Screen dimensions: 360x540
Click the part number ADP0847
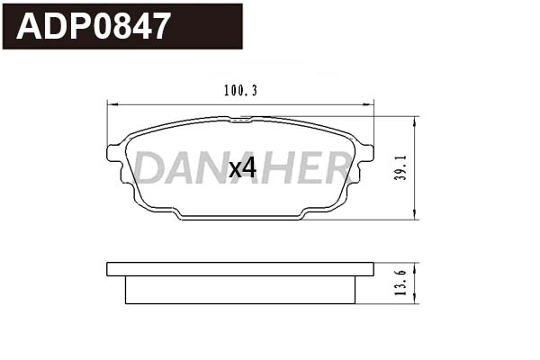(94, 26)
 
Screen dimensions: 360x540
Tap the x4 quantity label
(242, 168)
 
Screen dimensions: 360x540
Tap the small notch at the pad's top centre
(239, 119)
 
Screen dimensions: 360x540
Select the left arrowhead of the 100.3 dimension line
(110, 103)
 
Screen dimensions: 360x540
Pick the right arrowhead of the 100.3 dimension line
(371, 103)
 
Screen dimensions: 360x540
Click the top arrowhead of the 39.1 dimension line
(413, 119)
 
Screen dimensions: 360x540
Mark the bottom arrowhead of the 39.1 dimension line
(413, 216)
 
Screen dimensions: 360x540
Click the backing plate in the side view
(239, 268)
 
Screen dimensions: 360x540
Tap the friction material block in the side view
(239, 290)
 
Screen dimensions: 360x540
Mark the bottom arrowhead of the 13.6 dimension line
(413, 302)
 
